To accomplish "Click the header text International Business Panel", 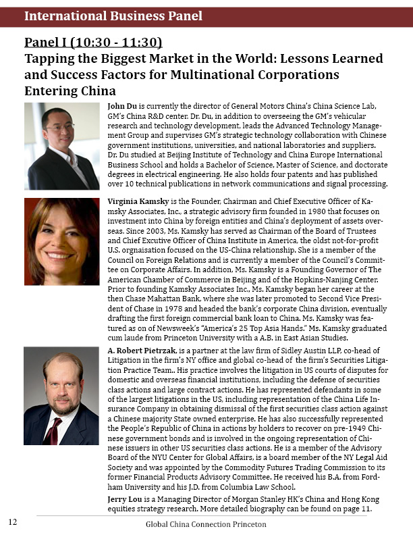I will (x=113, y=16).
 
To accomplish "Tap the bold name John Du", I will (x=123, y=107).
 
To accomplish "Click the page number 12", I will (x=13, y=522).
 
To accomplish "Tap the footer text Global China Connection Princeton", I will (x=206, y=524).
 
